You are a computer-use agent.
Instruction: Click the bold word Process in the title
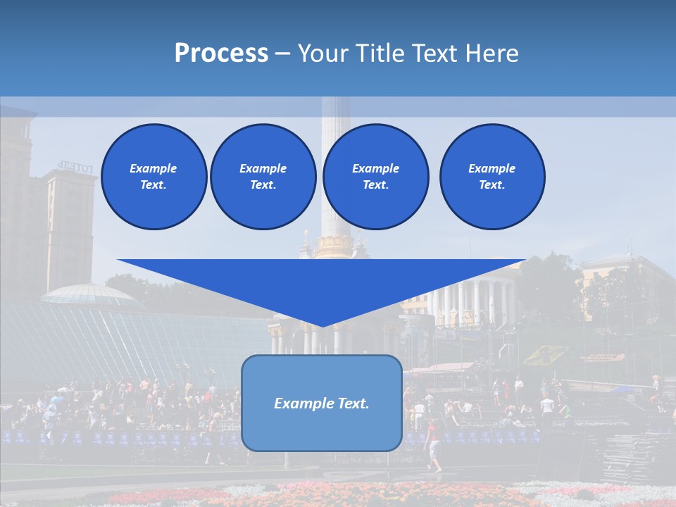[221, 54]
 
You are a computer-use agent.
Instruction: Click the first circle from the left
[154, 177]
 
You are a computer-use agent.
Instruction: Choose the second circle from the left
[263, 177]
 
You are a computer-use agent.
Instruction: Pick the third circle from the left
[375, 177]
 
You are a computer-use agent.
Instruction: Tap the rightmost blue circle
[492, 177]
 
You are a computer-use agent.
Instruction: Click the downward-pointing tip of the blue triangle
[322, 325]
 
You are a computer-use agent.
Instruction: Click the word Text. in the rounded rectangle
[353, 403]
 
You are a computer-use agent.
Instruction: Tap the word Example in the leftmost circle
[154, 168]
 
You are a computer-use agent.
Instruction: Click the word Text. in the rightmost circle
[492, 185]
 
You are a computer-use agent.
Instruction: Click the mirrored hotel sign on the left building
[75, 167]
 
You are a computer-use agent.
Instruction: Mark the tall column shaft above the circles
[335, 113]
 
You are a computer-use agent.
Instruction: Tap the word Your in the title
[321, 54]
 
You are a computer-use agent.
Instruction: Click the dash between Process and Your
[282, 54]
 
